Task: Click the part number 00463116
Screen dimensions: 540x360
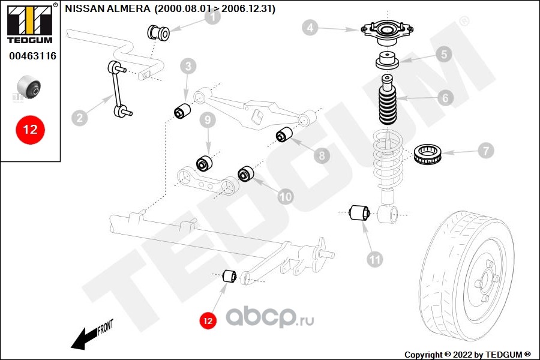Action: pyautogui.click(x=32, y=56)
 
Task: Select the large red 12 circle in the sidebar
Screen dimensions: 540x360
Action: pyautogui.click(x=31, y=130)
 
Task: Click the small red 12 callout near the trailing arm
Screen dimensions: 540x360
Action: pyautogui.click(x=208, y=321)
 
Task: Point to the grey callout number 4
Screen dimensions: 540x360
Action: pyautogui.click(x=310, y=27)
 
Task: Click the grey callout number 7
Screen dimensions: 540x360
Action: pyautogui.click(x=485, y=151)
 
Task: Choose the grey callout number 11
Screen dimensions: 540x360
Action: pyautogui.click(x=374, y=259)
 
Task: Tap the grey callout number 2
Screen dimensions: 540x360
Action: pyautogui.click(x=80, y=118)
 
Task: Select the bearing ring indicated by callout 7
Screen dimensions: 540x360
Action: pyautogui.click(x=427, y=154)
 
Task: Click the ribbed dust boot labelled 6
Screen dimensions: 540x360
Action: pyautogui.click(x=388, y=100)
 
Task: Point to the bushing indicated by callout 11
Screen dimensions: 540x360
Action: pyautogui.click(x=359, y=212)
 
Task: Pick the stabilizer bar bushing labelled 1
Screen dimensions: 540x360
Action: pyautogui.click(x=158, y=33)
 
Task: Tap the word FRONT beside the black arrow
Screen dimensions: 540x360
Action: pyautogui.click(x=106, y=327)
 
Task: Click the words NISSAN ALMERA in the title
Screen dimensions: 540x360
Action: pyautogui.click(x=107, y=8)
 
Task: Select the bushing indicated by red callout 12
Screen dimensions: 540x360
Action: pyautogui.click(x=229, y=276)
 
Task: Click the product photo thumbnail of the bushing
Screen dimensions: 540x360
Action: pyautogui.click(x=29, y=87)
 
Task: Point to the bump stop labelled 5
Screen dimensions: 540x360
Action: pyautogui.click(x=387, y=60)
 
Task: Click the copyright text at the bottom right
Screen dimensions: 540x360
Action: pyautogui.click(x=467, y=355)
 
